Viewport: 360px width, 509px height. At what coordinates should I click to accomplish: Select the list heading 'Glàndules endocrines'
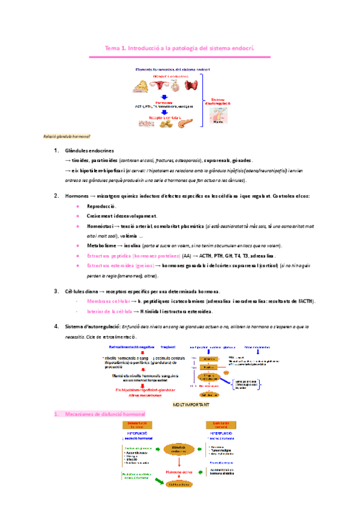89,151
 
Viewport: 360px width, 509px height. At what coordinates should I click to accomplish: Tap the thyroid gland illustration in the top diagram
191,85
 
